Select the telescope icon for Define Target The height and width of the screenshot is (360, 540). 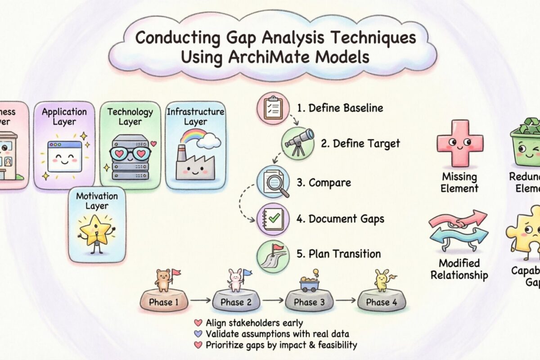[297, 144]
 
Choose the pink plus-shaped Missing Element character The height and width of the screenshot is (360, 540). [459, 143]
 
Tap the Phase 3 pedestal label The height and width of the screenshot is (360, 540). [309, 302]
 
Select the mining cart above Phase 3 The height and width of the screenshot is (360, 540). [309, 283]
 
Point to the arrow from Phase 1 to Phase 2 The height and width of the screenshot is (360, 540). [200, 300]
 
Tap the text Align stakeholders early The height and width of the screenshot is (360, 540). [254, 323]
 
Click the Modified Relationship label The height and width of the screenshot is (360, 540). [459, 269]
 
